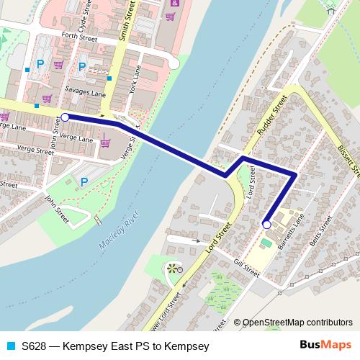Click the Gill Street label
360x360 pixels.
246,269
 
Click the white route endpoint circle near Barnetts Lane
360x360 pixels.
266,225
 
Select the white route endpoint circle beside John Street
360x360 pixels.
66,117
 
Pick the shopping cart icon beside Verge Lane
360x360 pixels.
105,143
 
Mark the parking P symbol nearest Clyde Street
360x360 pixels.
40,64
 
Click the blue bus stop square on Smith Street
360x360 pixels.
110,78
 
